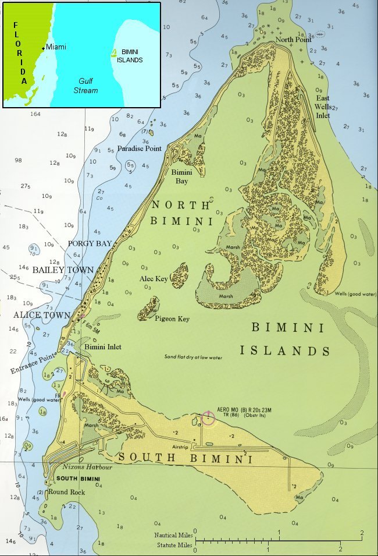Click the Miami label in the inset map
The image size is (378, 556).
[56, 47]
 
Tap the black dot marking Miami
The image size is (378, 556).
[43, 47]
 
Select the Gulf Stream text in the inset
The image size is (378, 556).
[85, 86]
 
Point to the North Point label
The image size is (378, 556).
[294, 40]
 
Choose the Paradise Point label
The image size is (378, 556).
[139, 148]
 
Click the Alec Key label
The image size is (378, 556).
[154, 279]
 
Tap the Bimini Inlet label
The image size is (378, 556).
[103, 347]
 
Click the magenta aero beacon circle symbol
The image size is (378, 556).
[208, 418]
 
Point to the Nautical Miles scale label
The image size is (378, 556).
[173, 534]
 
